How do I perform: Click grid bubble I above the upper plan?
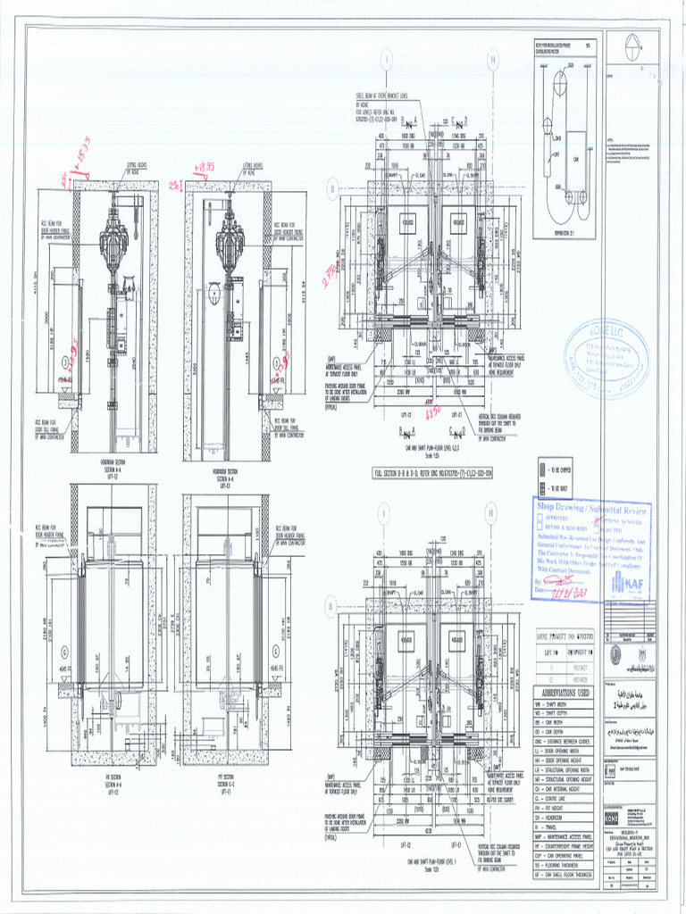click(x=386, y=61)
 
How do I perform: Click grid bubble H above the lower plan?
click(x=490, y=512)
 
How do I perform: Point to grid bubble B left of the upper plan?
click(x=333, y=190)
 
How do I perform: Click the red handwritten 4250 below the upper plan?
click(x=436, y=414)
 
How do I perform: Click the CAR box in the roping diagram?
click(x=575, y=161)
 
